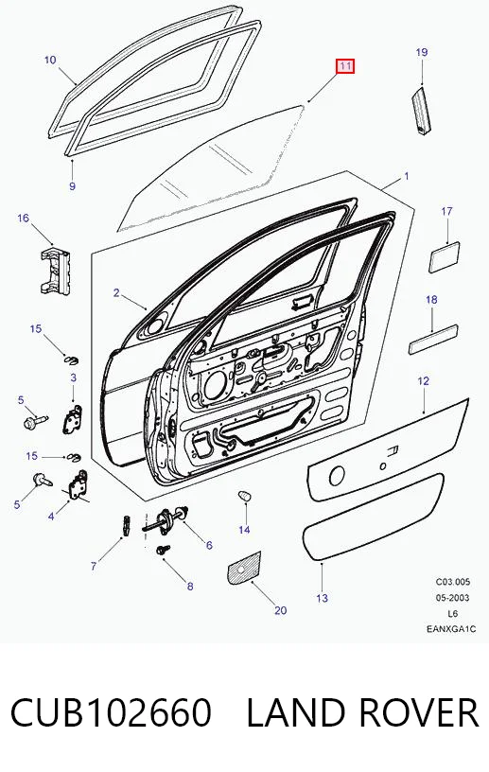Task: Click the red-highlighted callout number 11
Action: tap(344, 66)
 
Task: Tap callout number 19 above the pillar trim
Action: tap(422, 52)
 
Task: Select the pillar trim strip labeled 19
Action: tap(421, 110)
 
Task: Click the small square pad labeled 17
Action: tap(445, 256)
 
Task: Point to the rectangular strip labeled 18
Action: tap(433, 339)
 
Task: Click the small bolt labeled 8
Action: tap(163, 550)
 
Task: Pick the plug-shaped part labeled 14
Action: tap(245, 496)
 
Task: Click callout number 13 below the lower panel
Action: tap(322, 598)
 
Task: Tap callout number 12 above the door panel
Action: tap(423, 381)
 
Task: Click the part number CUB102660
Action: tap(111, 712)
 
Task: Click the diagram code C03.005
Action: tap(452, 582)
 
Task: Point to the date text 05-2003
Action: tap(452, 598)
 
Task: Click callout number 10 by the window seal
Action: tap(50, 60)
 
